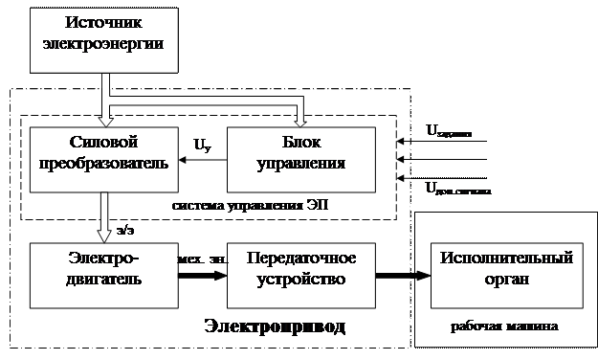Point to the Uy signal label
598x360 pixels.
pyautogui.click(x=203, y=146)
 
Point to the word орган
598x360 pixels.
pyautogui.click(x=506, y=279)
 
